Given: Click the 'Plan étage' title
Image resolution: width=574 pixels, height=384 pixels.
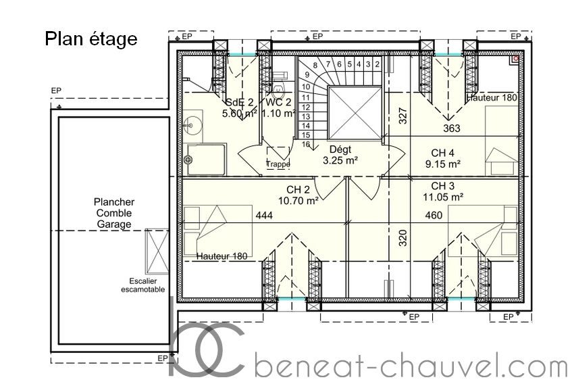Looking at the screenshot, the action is pos(91,39).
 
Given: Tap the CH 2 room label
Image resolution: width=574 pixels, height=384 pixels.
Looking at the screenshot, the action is pos(298,189).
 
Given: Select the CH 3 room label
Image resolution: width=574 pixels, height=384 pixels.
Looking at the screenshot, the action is pos(442,186).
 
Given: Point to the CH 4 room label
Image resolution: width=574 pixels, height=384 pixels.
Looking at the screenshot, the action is pos(442,153).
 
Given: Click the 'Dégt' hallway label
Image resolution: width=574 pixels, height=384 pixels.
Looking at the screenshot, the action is pos(340,149).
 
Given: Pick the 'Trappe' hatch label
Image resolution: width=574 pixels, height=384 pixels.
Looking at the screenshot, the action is pos(278,164).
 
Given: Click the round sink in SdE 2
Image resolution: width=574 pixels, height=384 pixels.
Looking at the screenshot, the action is pos(193,124).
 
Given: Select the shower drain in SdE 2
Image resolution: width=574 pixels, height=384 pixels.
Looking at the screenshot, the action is pos(188,160).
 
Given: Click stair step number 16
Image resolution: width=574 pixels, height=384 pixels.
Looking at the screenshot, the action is pos(306,145).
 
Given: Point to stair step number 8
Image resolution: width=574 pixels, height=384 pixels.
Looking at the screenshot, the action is pos(315,66).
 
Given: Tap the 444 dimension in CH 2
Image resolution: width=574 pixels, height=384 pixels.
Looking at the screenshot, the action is pos(264,215).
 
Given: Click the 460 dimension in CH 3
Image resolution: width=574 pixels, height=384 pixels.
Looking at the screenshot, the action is pos(434,215).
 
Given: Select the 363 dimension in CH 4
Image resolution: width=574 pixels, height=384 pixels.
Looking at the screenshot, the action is pos(452,128).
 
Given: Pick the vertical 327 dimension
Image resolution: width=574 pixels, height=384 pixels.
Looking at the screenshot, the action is pos(402,116).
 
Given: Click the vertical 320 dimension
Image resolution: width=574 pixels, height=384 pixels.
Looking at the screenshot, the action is pos(402,238).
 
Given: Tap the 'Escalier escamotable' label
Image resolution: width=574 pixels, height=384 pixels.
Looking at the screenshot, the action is pos(142,285).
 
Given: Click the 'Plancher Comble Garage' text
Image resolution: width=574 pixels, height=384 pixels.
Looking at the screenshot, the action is pos(114,213).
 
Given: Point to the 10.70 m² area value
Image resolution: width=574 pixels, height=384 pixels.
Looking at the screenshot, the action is pos(298,200).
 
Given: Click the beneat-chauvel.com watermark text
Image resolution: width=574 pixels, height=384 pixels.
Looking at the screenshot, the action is pos(411,366).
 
